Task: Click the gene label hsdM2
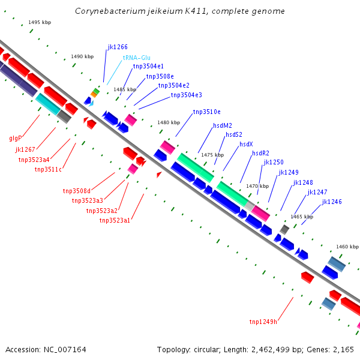pos(222,126)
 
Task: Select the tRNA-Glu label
pos(136,58)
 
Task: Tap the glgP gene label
pos(16,138)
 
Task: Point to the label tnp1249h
pos(263,322)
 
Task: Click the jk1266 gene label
pos(118,47)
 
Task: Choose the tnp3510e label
pos(206,112)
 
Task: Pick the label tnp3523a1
pos(115,221)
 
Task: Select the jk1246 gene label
pos(332,202)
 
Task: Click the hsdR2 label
pos(260,153)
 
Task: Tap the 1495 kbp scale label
pos(40,22)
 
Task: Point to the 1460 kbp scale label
pos(347,247)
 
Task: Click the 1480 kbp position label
pos(169,122)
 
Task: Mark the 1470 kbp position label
pos(257,186)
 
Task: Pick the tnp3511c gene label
pos(48,169)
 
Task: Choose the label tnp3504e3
pos(186,95)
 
